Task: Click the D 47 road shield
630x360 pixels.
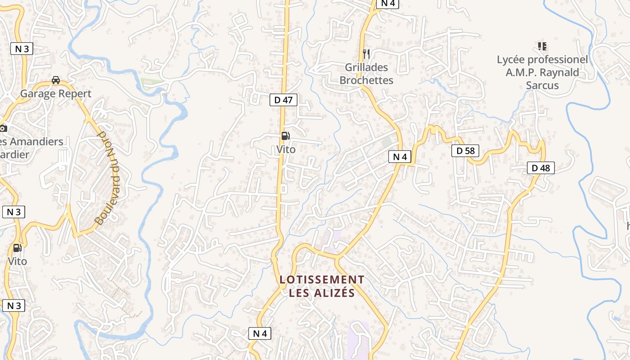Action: (283, 100)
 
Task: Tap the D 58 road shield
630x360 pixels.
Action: (465, 151)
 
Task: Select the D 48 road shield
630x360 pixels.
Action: (540, 168)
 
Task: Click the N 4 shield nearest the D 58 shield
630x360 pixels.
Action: (400, 157)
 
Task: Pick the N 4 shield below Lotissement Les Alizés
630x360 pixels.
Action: (260, 333)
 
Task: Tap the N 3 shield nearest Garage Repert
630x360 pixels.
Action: (22, 49)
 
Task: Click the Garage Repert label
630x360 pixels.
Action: (56, 94)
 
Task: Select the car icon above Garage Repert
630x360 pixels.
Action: (56, 80)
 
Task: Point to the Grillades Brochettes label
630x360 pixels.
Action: (366, 74)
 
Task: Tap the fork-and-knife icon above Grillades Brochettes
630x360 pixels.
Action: (366, 54)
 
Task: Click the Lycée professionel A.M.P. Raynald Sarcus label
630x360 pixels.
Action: (542, 72)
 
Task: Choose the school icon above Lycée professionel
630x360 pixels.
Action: (542, 46)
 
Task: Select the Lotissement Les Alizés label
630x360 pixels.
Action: (322, 286)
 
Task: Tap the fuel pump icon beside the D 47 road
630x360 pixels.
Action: (285, 136)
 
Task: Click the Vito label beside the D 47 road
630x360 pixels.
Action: (286, 149)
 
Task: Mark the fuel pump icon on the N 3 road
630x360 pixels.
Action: (17, 247)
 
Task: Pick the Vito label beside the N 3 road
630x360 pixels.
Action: (17, 261)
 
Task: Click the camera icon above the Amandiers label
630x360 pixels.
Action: (3, 128)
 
